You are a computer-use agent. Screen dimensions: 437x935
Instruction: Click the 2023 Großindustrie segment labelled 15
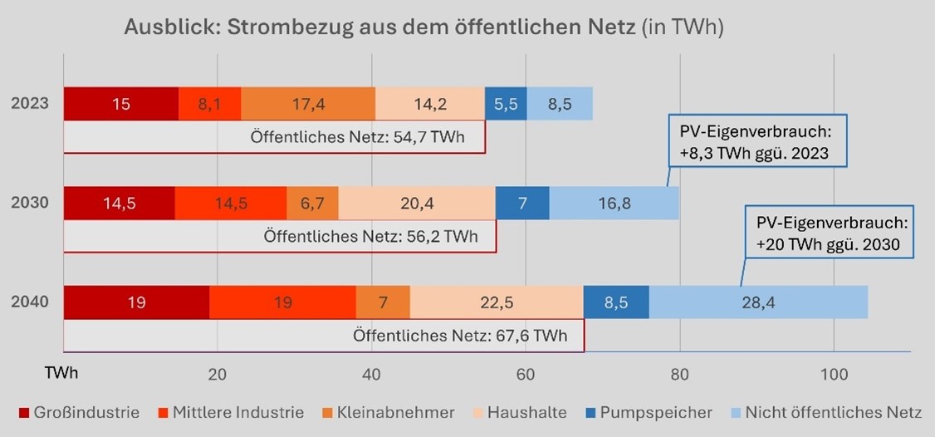[121, 104]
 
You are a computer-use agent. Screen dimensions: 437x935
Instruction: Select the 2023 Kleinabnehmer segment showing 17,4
[308, 104]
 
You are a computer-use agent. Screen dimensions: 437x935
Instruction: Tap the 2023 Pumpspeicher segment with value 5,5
[506, 104]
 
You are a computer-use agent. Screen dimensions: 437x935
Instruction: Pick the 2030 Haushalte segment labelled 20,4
[417, 204]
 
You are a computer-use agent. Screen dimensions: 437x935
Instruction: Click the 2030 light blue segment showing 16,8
[614, 204]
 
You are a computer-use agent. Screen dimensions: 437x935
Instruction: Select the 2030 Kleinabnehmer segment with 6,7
[312, 204]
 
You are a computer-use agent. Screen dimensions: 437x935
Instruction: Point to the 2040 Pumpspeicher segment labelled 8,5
[616, 302]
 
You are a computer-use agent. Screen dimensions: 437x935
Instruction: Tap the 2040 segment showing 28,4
[758, 302]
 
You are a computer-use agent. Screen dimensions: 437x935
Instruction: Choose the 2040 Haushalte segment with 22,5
[497, 302]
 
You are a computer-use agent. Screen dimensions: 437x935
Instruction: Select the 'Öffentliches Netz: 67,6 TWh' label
[460, 336]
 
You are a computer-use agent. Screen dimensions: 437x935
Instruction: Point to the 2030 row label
[29, 204]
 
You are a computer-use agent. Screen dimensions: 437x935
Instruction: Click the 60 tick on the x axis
[526, 374]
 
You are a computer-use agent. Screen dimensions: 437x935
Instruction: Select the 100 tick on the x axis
[834, 374]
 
